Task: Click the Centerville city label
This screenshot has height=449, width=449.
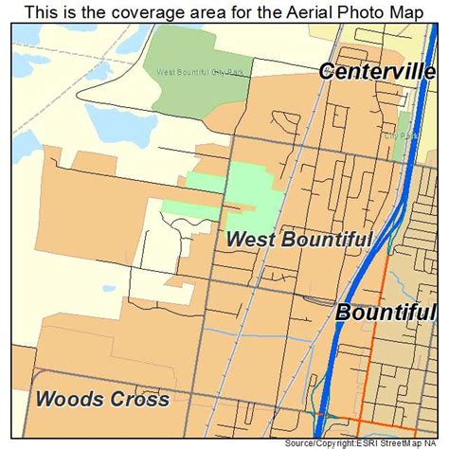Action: coord(377,71)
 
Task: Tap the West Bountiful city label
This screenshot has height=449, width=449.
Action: coord(299,239)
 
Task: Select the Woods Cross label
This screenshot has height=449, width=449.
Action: coord(102,399)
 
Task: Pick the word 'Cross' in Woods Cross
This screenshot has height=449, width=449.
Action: coord(142,399)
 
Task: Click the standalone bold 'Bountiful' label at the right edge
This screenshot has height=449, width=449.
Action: coord(386,313)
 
